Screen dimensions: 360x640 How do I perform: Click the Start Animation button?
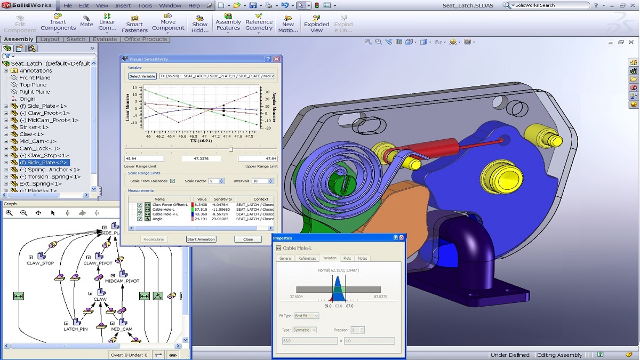201,239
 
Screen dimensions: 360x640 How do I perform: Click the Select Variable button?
142,76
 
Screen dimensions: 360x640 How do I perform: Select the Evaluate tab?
105,39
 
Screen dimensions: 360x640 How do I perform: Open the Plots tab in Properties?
347,258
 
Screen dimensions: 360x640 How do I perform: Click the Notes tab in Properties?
363,258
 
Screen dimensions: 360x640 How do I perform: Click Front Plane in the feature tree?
35,77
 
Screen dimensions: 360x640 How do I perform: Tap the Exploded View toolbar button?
317,23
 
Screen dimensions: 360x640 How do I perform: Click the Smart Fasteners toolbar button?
134,23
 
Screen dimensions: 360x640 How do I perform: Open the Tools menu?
145,5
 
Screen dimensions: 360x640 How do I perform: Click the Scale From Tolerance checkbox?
172,181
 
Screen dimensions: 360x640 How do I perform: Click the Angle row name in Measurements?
157,219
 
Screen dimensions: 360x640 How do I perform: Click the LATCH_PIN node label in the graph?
76,329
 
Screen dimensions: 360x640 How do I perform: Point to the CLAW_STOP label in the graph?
41,263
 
